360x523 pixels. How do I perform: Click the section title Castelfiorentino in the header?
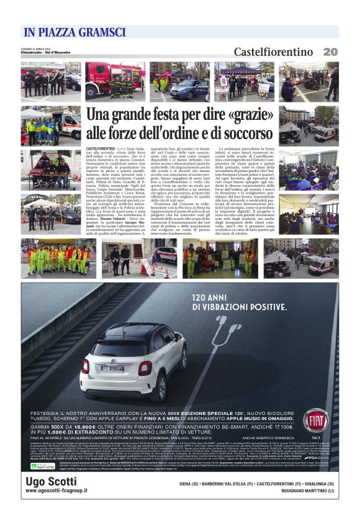(x=273, y=52)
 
